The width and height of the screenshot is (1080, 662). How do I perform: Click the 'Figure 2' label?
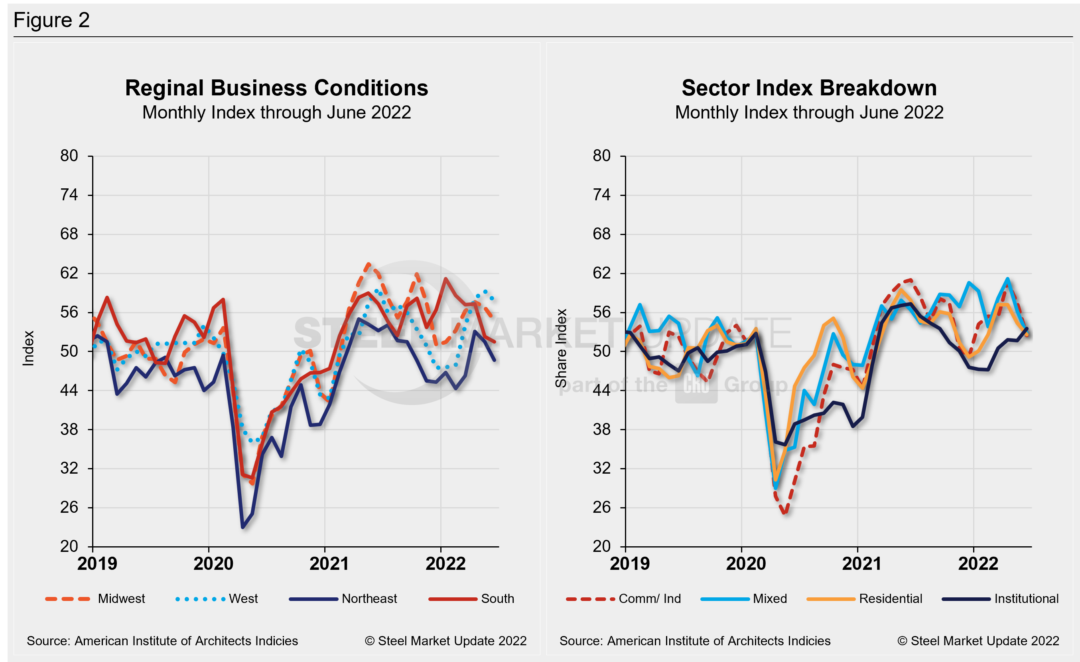tap(51, 20)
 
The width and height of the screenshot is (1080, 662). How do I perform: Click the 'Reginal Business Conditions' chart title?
tap(276, 88)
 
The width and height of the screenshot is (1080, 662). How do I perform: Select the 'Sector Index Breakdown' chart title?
tap(809, 88)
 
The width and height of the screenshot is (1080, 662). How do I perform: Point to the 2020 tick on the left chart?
tap(213, 564)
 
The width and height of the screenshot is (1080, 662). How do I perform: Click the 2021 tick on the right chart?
tap(862, 564)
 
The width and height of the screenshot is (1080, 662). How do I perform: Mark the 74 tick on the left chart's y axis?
tap(69, 195)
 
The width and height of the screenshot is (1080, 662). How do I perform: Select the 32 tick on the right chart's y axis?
tap(601, 468)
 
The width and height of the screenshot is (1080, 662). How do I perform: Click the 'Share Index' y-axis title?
tap(561, 348)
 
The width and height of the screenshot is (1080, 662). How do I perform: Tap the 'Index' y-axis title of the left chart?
tap(28, 348)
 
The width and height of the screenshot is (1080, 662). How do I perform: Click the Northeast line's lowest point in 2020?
tap(243, 527)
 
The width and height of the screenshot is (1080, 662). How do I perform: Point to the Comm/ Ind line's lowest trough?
tap(784, 512)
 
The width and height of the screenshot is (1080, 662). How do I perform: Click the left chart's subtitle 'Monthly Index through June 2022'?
tap(276, 113)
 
